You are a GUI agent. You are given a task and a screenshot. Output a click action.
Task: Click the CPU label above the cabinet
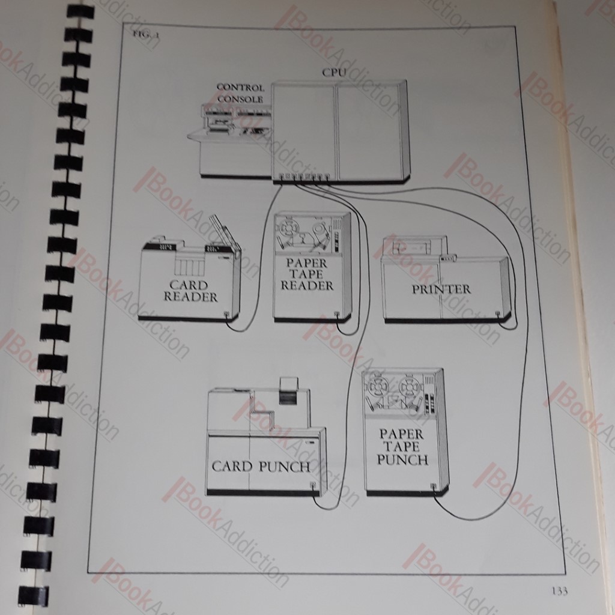coord(334,73)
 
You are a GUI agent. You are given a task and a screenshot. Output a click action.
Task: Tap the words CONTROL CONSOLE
coord(240,93)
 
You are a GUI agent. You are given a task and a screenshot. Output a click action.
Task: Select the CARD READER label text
coord(190,291)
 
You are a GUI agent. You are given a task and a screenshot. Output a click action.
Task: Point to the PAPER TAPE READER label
coord(307,274)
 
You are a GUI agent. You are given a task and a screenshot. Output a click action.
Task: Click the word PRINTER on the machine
coord(441,289)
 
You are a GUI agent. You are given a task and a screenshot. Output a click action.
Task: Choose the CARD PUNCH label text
coord(261,466)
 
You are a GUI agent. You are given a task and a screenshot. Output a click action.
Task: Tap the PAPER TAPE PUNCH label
coord(402,447)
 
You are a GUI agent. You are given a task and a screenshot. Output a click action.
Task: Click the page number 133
coord(559,590)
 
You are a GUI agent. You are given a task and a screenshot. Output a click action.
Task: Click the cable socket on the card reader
coord(226,314)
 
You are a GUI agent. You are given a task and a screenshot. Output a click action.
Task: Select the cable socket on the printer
coord(498,314)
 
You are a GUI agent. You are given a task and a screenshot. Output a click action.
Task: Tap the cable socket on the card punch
coord(312,485)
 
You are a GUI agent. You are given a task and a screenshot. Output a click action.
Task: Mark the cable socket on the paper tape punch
coord(433,486)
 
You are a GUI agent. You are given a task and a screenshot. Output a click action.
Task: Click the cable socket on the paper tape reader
coord(336,314)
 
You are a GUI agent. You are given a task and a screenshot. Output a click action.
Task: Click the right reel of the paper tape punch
coord(410,386)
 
